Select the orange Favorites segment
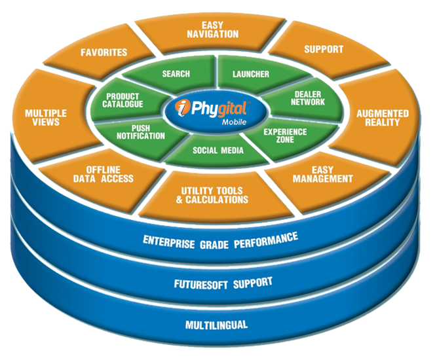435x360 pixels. pos(104,52)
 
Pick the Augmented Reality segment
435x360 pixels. pos(383,118)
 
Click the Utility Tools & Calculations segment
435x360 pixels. pos(214,194)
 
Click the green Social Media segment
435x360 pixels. pos(217,151)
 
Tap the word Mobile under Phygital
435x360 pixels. pos(236,122)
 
